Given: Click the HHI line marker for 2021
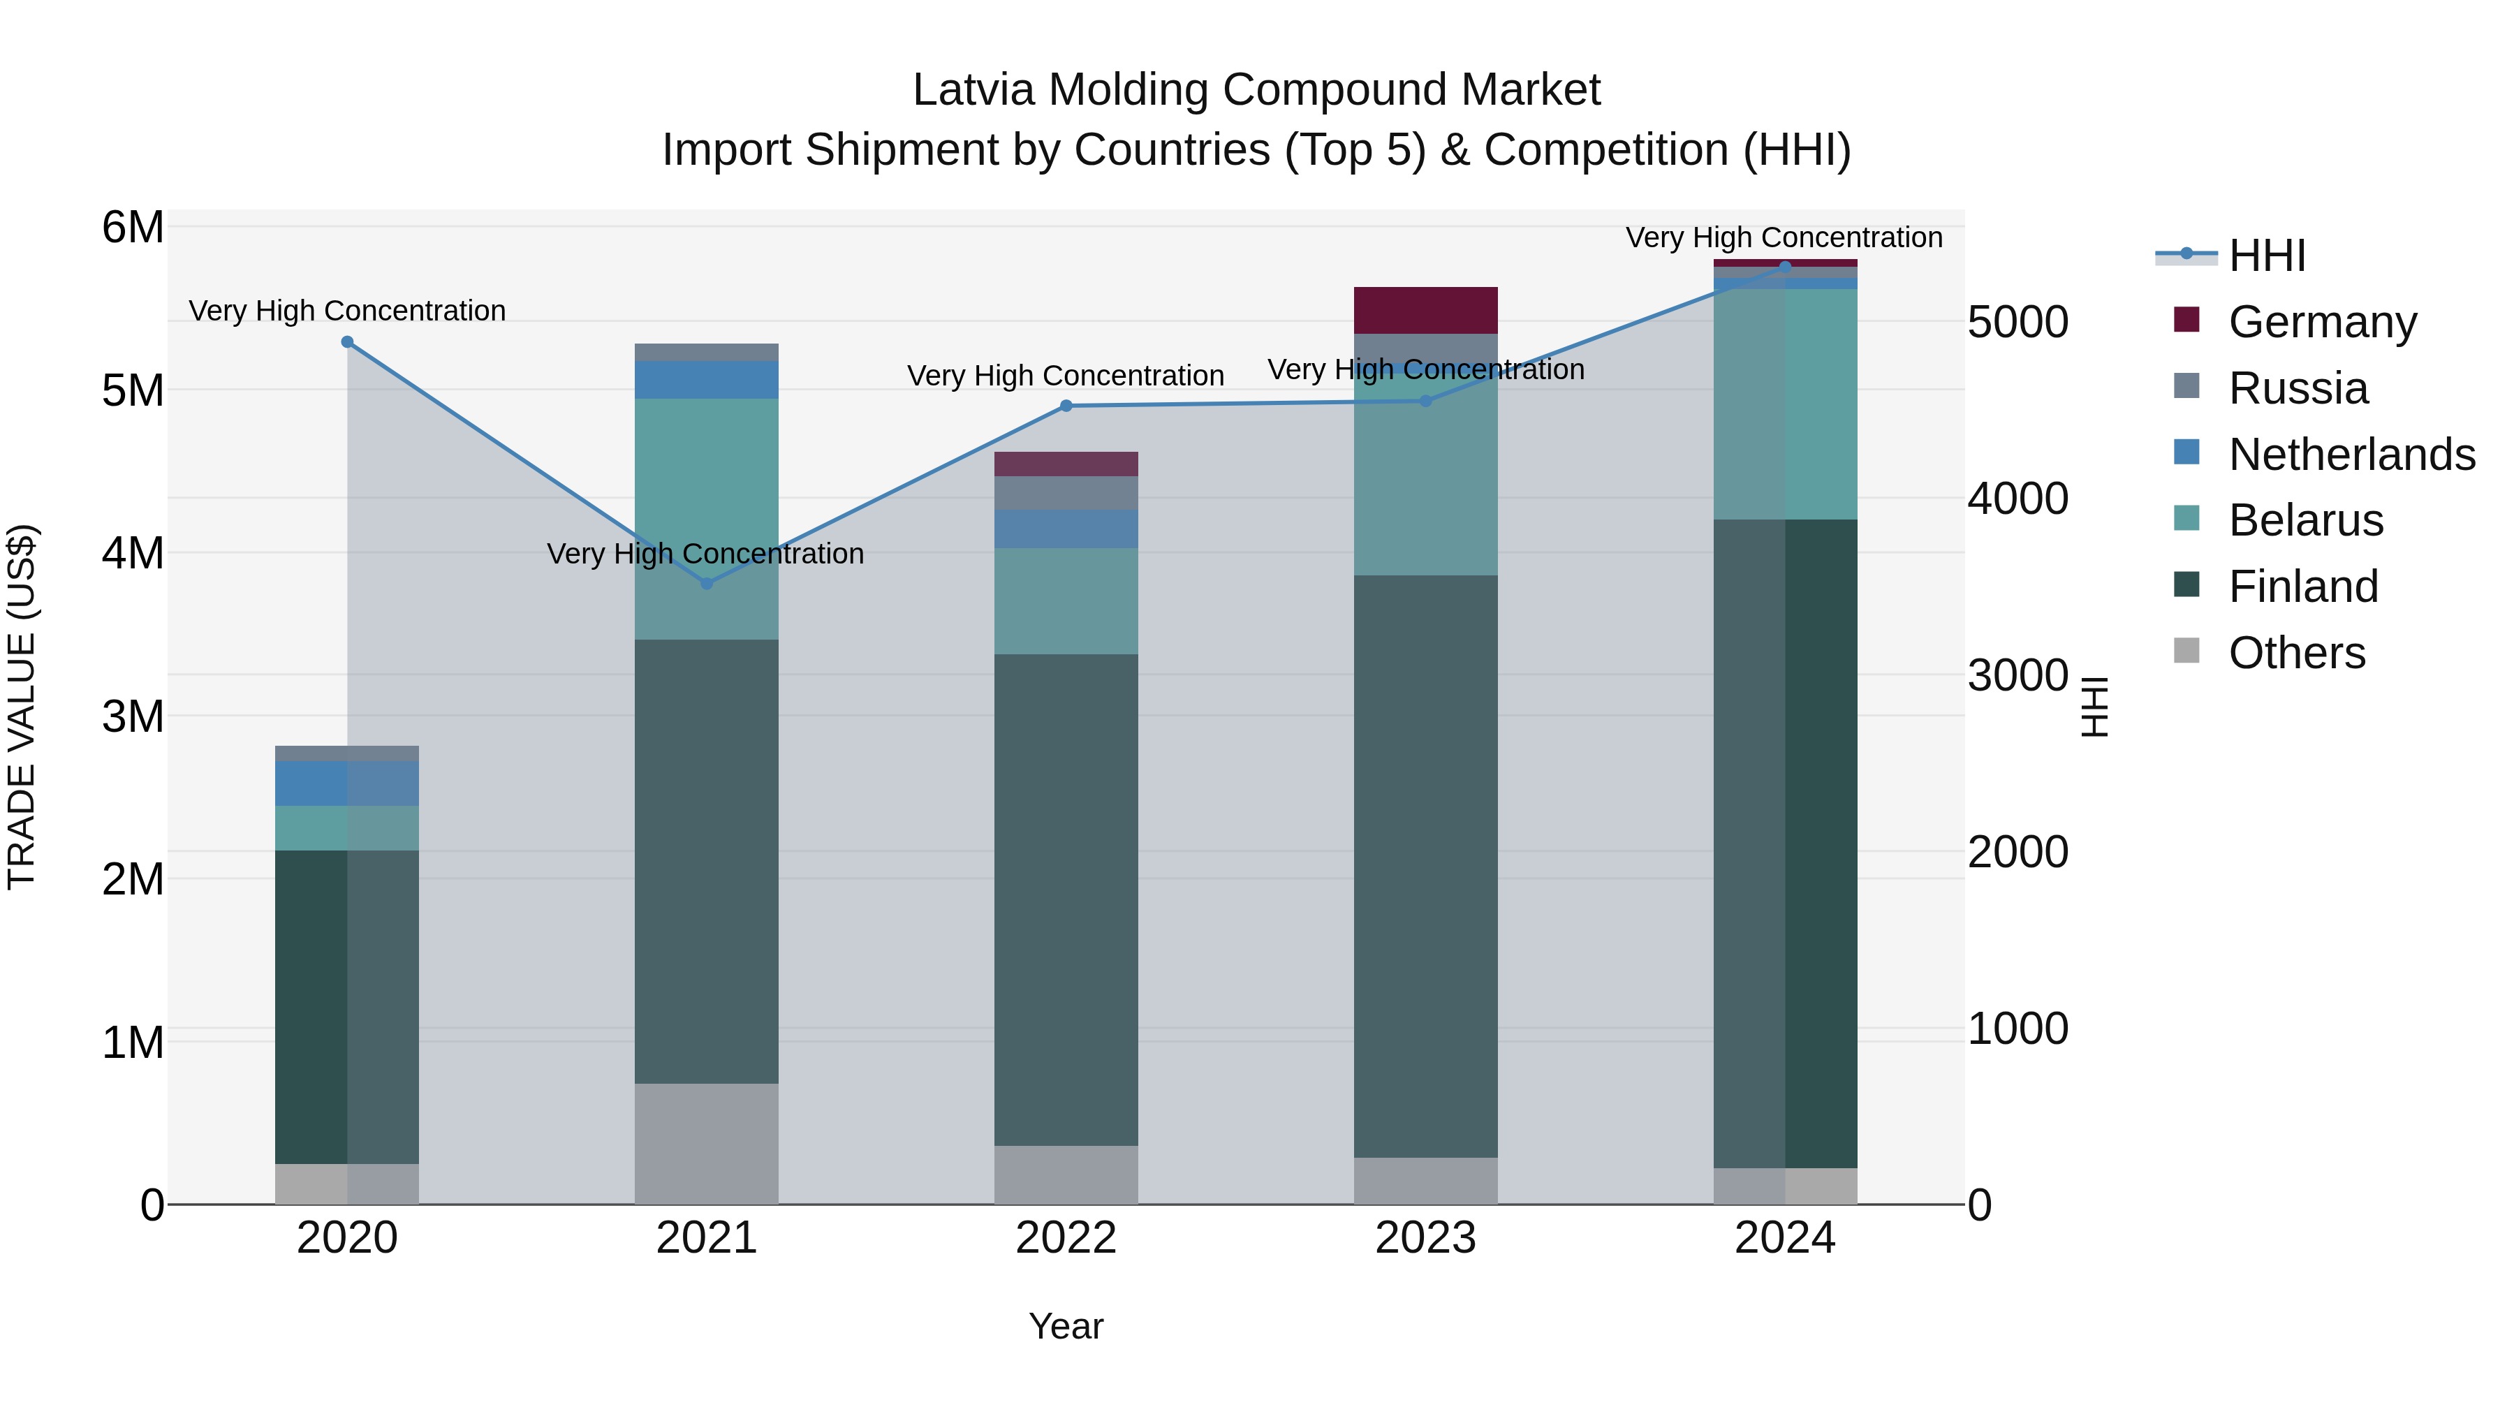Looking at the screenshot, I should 707,584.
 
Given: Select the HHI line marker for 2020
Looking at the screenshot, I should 348,341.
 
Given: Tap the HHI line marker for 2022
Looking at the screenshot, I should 1066,406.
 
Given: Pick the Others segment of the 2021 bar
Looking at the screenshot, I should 707,1144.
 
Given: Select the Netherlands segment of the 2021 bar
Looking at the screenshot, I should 707,380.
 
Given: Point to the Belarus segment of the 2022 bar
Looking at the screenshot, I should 1066,601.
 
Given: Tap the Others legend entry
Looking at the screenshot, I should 2296,653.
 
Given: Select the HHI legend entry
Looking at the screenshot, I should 2266,256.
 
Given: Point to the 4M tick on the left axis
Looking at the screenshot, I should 133,553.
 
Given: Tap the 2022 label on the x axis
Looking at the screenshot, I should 1066,1238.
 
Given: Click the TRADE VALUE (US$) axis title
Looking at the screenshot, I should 22,707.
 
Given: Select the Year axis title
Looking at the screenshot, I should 1066,1326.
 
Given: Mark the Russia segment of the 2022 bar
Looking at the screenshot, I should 1066,493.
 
